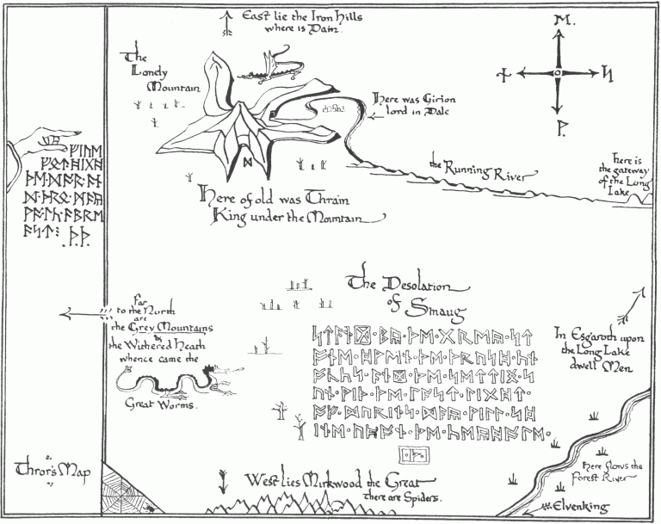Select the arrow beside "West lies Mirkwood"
224,480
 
